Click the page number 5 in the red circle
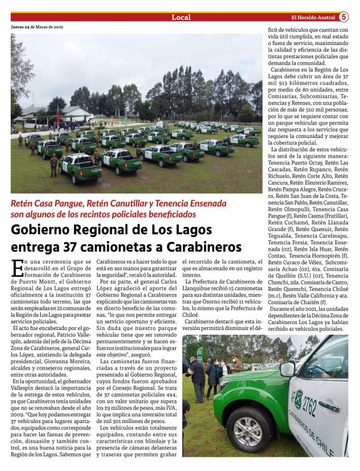(344, 17)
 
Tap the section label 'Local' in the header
(181, 17)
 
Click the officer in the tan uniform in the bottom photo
(237, 364)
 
